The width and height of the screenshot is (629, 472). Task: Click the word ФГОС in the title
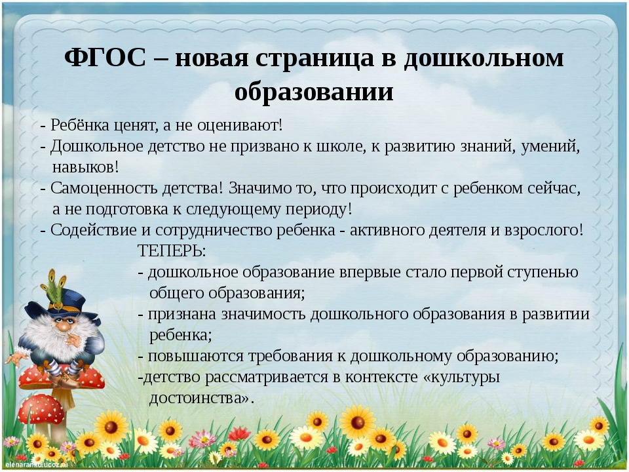105,58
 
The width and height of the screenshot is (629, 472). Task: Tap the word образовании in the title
314,92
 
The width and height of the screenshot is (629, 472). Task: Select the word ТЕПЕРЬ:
172,251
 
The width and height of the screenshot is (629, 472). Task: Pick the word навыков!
85,167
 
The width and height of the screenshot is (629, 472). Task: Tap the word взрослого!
544,230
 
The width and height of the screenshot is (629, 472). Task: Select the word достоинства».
202,398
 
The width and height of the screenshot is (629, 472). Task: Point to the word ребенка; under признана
181,336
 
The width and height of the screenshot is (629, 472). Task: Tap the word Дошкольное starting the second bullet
97,146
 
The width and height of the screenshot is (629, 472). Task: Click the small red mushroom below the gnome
40,409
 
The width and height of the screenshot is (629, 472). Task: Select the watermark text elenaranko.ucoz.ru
36,465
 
